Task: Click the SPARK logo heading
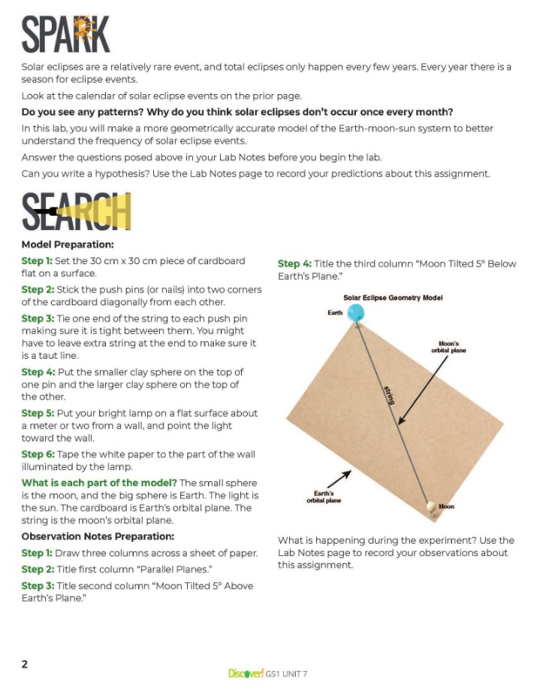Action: [x=66, y=35]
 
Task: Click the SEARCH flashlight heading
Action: [x=76, y=212]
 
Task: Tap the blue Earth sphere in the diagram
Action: [x=357, y=313]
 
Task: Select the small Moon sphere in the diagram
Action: [x=432, y=508]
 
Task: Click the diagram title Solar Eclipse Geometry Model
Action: [x=393, y=298]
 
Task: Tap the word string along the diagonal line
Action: [x=388, y=395]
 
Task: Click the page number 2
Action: [x=25, y=663]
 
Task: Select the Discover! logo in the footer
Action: [x=245, y=673]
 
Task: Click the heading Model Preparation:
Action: [x=68, y=244]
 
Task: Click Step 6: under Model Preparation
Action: [x=37, y=454]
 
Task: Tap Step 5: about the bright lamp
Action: [x=37, y=413]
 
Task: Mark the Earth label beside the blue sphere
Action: [x=335, y=311]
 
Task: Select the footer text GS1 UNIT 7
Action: [x=286, y=674]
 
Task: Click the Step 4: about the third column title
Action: [x=294, y=263]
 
